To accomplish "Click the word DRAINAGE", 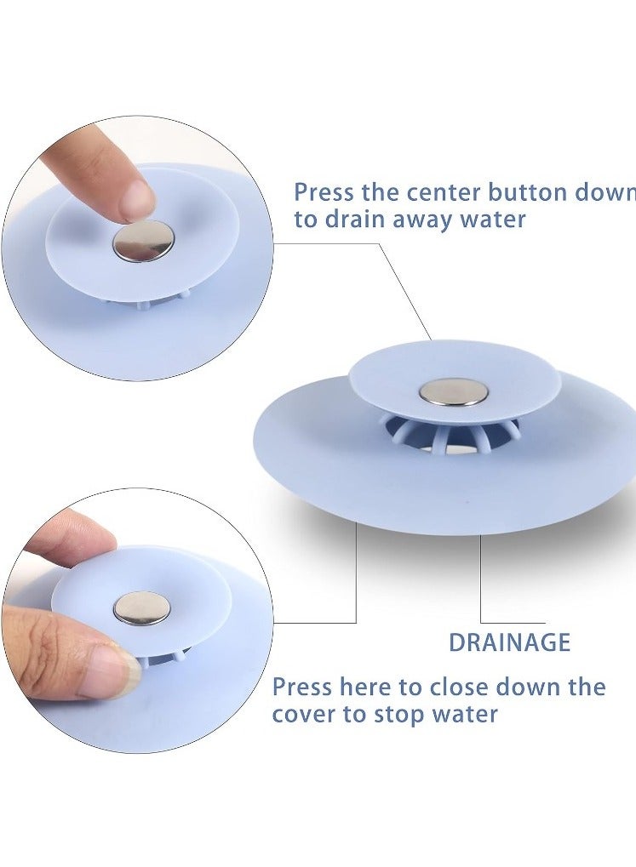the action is [x=509, y=642].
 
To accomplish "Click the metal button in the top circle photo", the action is [x=143, y=242].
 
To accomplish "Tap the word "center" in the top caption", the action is [x=444, y=192].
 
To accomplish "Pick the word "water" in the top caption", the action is [x=492, y=220].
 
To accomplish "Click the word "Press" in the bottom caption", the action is [x=302, y=687].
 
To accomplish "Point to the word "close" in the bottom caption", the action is [x=459, y=687].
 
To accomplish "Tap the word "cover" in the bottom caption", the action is [x=301, y=715].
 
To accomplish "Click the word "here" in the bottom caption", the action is [x=364, y=687].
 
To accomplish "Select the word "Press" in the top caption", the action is [x=324, y=192].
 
